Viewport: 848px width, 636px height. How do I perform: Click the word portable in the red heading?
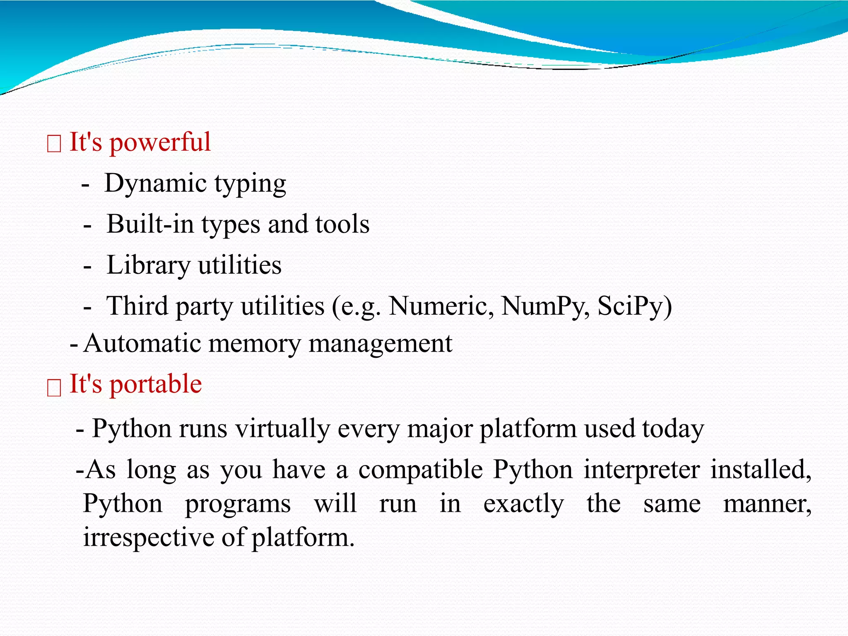tap(156, 385)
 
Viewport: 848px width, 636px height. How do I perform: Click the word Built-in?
tap(150, 224)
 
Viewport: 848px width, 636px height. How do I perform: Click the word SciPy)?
tap(634, 306)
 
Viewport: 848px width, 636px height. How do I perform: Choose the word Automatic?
tap(142, 344)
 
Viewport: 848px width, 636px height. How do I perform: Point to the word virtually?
tap(282, 429)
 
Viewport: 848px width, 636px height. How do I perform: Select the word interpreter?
tap(642, 470)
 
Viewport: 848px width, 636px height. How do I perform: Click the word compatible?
tap(420, 470)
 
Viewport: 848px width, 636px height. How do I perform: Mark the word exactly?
tap(523, 504)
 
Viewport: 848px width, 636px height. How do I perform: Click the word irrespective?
tap(148, 538)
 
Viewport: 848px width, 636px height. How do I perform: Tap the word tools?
tap(342, 224)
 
